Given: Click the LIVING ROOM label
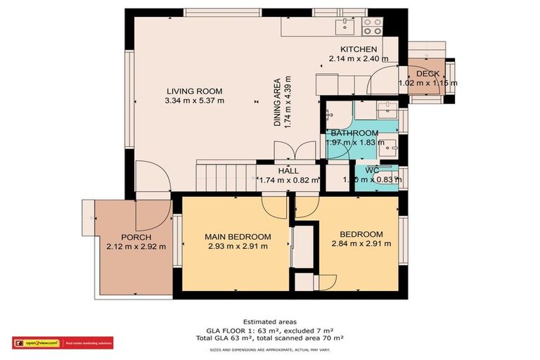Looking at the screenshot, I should [x=194, y=91].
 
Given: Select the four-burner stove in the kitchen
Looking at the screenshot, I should [x=372, y=26].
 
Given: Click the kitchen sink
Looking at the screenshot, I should [x=345, y=26].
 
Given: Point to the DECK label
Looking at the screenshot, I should [x=427, y=73].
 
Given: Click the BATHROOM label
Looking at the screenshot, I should [x=354, y=133].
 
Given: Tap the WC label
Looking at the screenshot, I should [x=373, y=170].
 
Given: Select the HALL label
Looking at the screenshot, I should [x=288, y=170].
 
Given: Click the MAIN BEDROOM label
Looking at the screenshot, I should [x=238, y=236].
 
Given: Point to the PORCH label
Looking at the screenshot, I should [x=136, y=236].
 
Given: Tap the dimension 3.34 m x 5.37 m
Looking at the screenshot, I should [x=194, y=101].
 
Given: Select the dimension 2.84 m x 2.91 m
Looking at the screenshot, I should [x=361, y=244].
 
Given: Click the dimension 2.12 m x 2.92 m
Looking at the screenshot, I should [x=136, y=246].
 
